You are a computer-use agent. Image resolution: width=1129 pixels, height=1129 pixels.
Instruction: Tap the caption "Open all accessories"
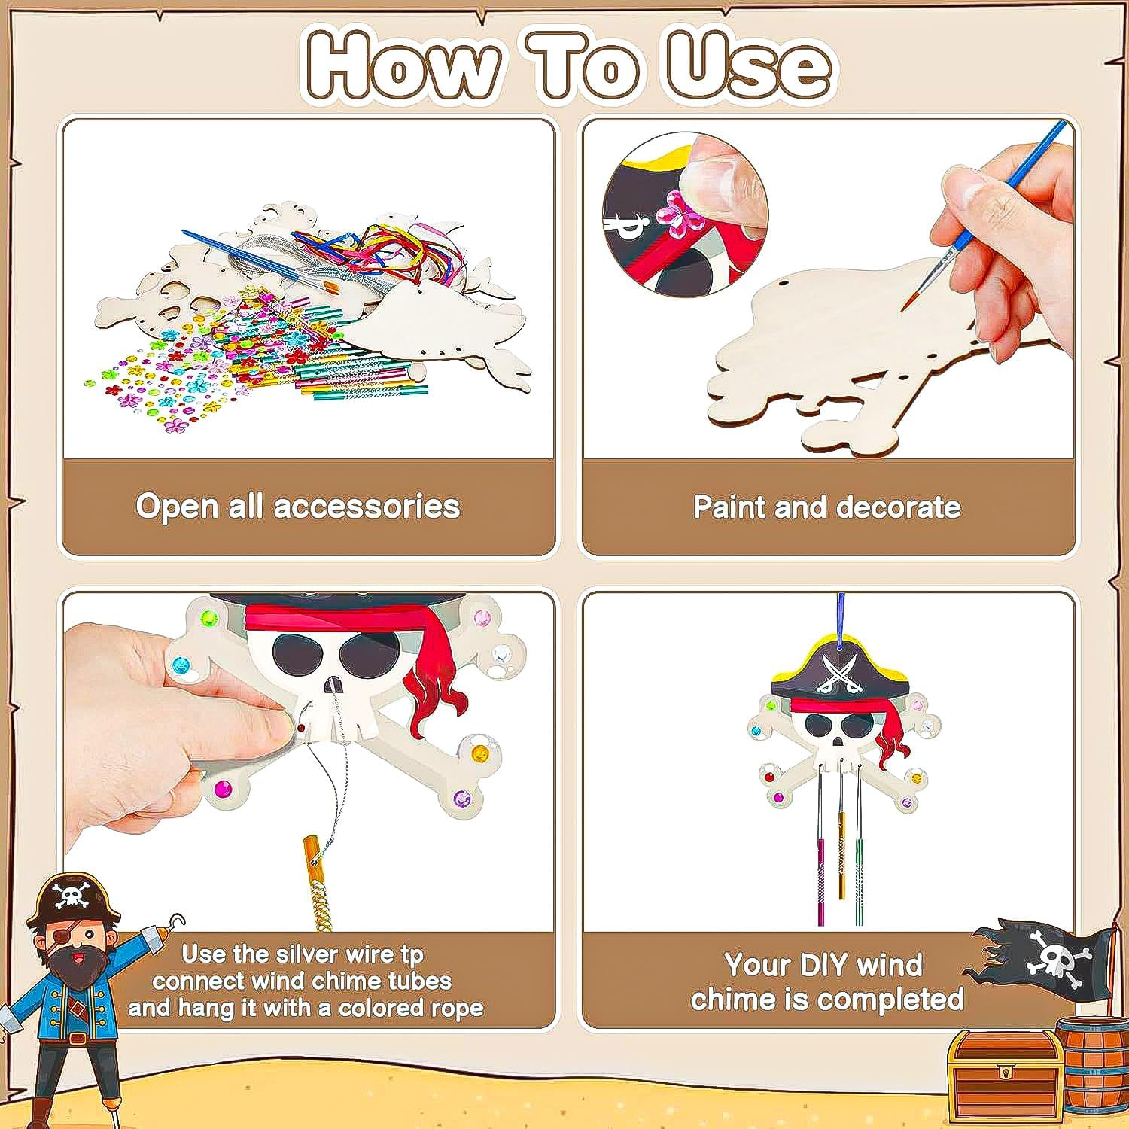tap(297, 507)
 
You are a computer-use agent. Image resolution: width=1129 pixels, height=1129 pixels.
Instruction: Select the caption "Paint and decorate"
tap(826, 507)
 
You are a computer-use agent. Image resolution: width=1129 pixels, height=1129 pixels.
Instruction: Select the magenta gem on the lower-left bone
tap(223, 789)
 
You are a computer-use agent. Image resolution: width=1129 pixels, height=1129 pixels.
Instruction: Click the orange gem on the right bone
tap(479, 752)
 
